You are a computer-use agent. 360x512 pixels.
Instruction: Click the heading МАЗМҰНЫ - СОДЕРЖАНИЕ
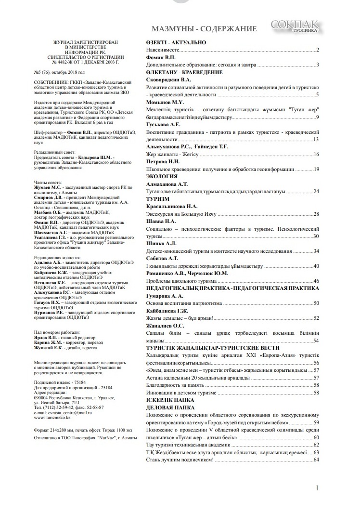click(x=204, y=28)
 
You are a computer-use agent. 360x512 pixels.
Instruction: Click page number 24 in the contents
click(x=316, y=192)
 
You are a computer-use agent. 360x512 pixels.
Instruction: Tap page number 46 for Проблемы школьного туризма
click(x=316, y=281)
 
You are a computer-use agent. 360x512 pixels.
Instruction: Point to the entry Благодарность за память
click(x=174, y=385)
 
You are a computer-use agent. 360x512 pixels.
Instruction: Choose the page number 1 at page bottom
click(x=318, y=488)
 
